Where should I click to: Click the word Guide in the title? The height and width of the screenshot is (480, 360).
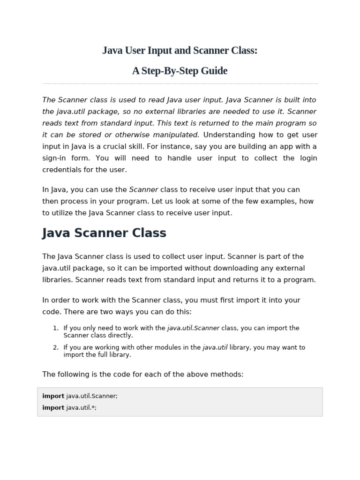(214, 71)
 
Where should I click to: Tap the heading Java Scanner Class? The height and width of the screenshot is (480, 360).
(104, 233)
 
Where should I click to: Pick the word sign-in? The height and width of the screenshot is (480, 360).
(53, 158)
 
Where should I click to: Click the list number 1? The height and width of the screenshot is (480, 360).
(55, 328)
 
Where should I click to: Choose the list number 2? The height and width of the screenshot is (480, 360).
(55, 347)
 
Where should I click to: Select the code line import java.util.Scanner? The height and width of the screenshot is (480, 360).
(80, 396)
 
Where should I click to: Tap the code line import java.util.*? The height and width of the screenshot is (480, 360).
(69, 407)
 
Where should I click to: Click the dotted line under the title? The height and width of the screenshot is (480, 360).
(180, 83)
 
